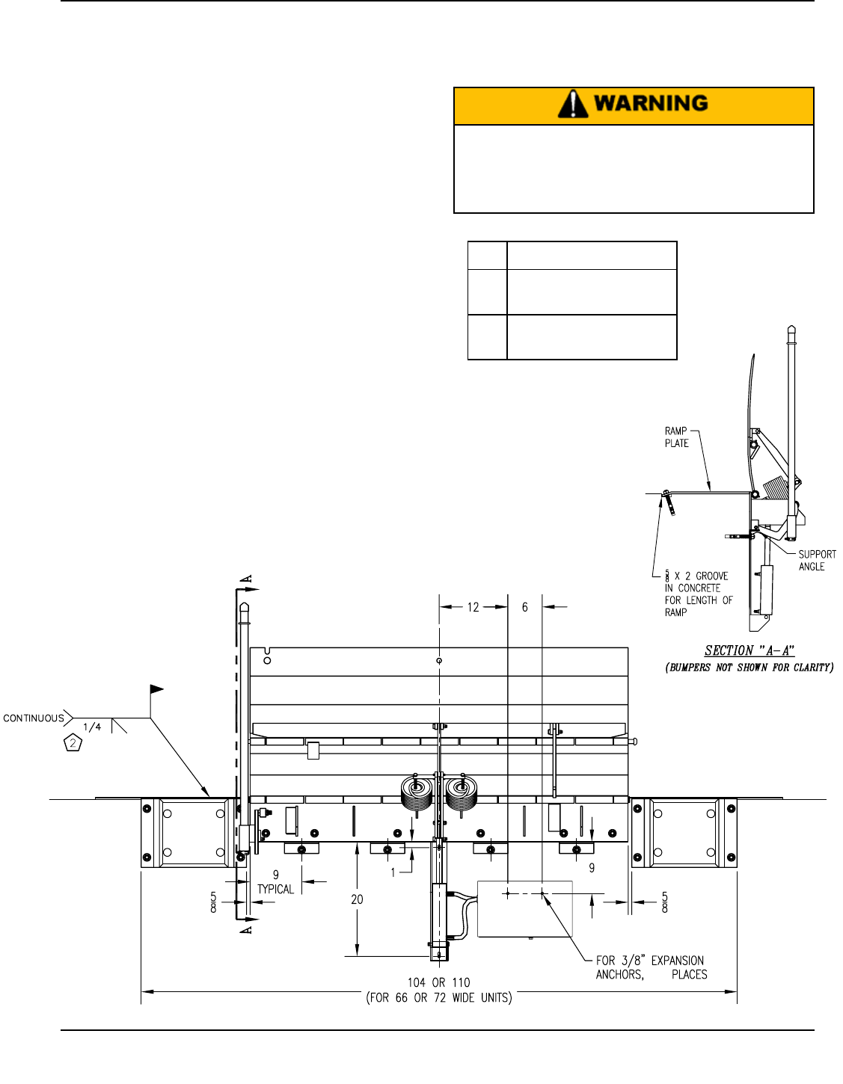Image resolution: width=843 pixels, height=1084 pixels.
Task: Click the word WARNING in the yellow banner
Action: (x=650, y=103)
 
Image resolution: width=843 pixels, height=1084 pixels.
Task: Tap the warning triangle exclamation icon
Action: (x=573, y=104)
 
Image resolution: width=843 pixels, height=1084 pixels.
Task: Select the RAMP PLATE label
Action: (x=676, y=437)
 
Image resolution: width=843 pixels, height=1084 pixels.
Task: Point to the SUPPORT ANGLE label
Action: (x=817, y=560)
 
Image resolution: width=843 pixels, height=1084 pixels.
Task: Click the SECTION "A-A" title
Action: (x=749, y=650)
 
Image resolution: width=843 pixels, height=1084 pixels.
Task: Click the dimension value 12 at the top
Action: (x=473, y=607)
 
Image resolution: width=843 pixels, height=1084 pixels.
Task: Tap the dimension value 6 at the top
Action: (x=524, y=607)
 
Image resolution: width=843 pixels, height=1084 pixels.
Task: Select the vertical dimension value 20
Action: (x=357, y=899)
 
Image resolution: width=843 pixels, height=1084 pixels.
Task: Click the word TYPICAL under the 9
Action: (x=275, y=889)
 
